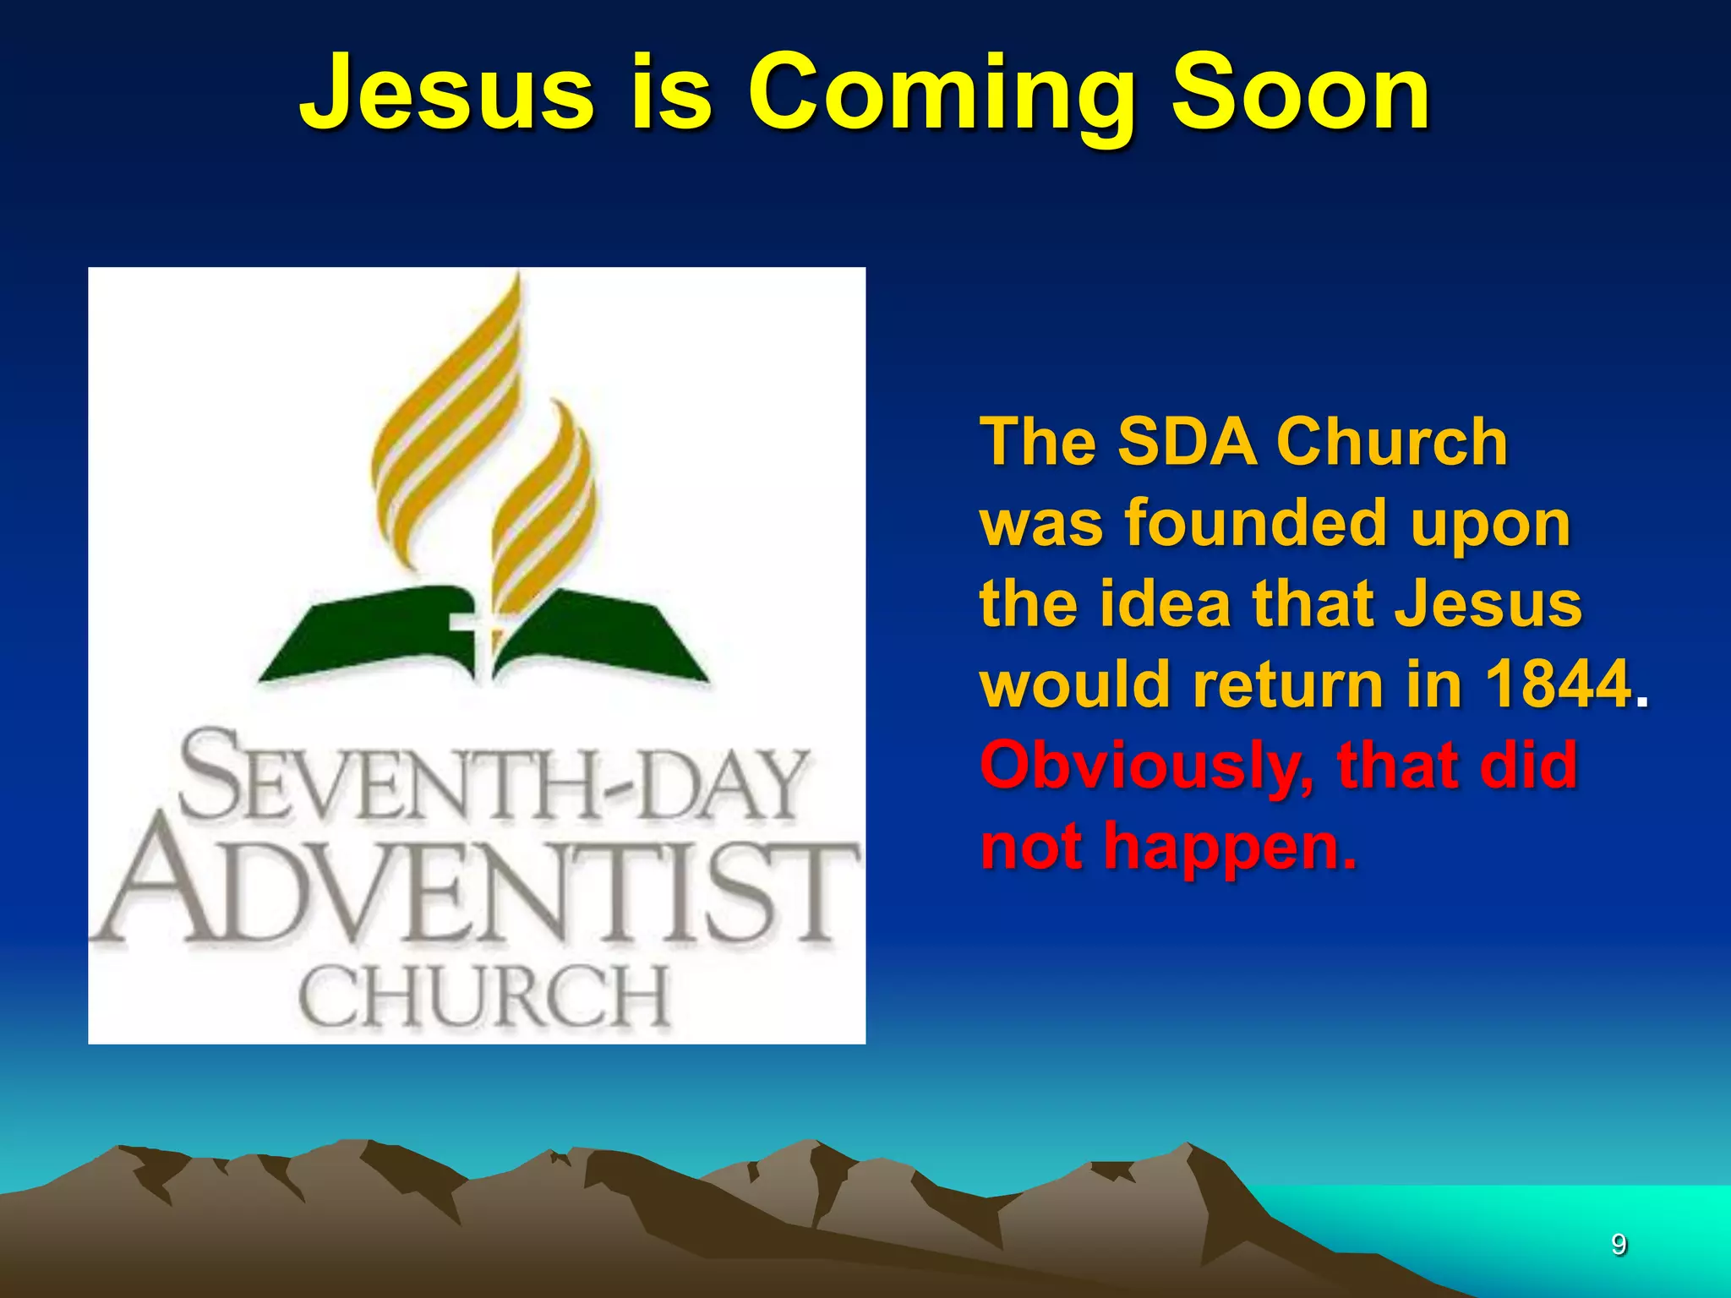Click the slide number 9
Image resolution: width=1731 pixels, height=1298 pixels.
coord(1619,1244)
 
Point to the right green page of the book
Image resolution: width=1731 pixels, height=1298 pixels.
coord(604,634)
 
